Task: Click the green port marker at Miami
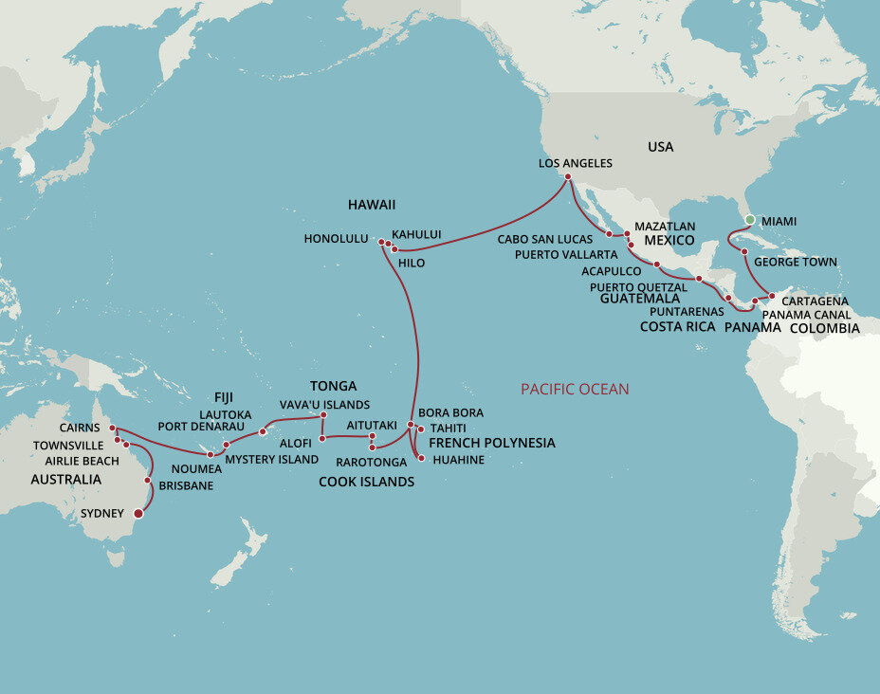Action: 749,220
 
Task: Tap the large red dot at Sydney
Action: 138,514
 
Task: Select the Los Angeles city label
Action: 575,163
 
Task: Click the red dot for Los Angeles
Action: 567,177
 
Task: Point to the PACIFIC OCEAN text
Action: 575,389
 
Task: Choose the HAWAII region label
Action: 372,205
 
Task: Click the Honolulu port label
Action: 336,239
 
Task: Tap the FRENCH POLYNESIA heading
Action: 492,443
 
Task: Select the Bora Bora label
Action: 450,413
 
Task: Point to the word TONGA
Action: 333,386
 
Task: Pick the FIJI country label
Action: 223,397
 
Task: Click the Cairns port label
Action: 79,429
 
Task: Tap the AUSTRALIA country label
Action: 65,480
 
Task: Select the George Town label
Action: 796,261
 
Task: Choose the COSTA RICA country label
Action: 677,326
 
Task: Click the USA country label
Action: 660,147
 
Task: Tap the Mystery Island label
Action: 271,460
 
